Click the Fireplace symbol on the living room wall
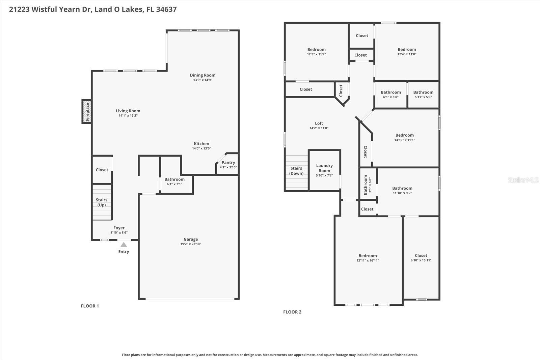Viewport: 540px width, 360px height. (x=87, y=112)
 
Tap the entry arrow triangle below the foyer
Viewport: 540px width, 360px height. (x=124, y=245)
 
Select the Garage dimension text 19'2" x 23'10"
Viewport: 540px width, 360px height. (x=191, y=244)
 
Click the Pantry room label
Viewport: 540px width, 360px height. (x=228, y=163)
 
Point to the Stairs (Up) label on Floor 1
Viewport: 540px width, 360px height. (x=102, y=202)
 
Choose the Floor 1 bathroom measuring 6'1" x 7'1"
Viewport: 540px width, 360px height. (x=174, y=182)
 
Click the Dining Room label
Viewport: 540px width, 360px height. (x=202, y=75)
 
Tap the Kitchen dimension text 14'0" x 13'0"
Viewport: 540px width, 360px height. (x=201, y=148)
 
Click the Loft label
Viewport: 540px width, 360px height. (x=319, y=123)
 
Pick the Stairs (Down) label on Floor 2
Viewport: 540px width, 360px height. (x=296, y=171)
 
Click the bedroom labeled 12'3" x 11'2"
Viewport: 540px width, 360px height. (x=316, y=52)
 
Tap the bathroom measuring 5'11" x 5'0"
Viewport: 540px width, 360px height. (x=423, y=94)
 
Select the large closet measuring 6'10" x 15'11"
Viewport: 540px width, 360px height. (x=421, y=258)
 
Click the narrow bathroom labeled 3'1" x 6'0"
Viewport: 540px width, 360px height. (x=367, y=185)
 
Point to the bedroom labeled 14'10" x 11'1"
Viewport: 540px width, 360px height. (x=405, y=137)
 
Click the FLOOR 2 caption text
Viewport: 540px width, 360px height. (x=292, y=312)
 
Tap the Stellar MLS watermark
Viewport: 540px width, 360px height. (x=523, y=180)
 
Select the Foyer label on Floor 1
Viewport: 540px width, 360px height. (x=119, y=228)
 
